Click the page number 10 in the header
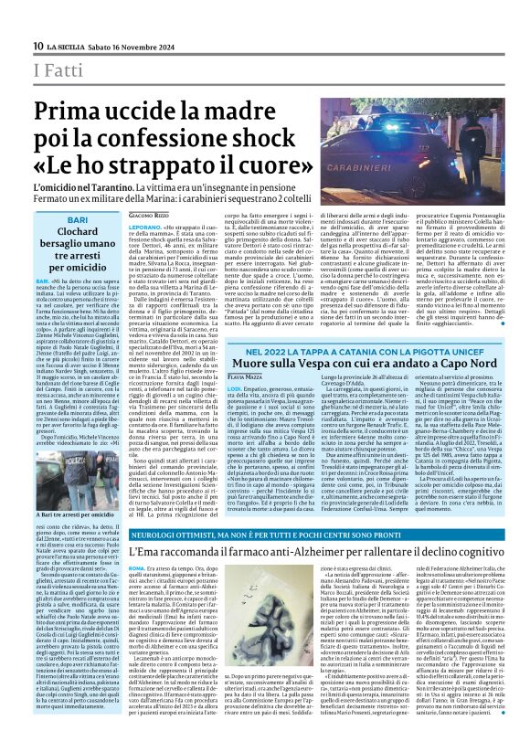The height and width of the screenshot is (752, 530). pos(37,46)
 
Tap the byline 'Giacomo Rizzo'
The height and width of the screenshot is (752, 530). pos(147,215)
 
